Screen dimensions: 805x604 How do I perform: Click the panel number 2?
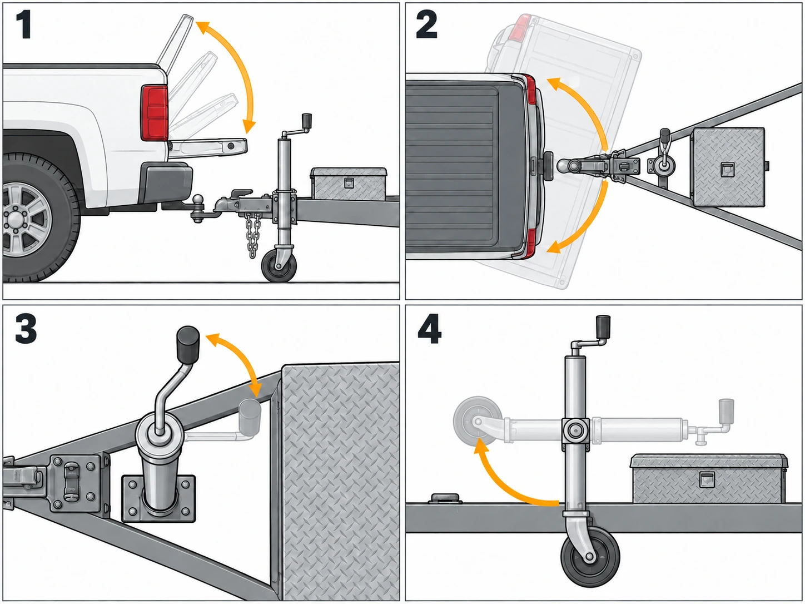click(x=426, y=24)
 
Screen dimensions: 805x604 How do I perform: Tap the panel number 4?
click(x=429, y=329)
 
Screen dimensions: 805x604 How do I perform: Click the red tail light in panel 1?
click(x=155, y=113)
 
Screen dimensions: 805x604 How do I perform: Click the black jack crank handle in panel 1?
click(x=306, y=120)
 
